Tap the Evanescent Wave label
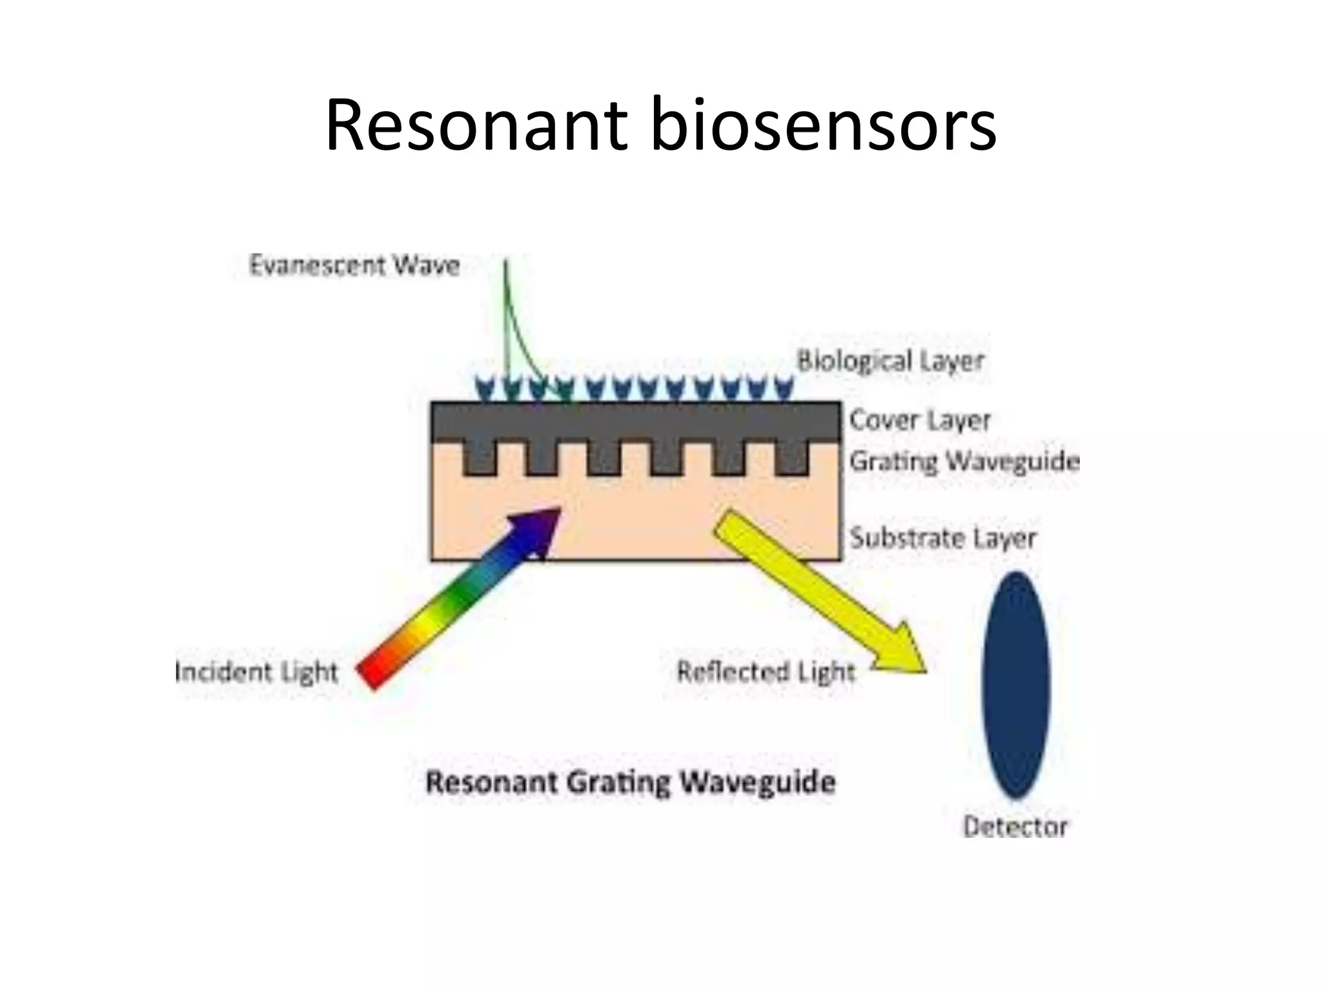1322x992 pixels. [x=354, y=265]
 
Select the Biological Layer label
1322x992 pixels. [x=890, y=360]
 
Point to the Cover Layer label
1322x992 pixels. [x=919, y=420]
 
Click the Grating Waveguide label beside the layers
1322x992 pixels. [x=964, y=461]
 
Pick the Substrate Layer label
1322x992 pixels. [x=942, y=537]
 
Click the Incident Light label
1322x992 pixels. [x=257, y=672]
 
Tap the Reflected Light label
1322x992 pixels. [x=766, y=672]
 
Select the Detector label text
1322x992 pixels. [x=1015, y=826]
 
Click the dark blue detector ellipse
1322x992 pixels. [x=1016, y=685]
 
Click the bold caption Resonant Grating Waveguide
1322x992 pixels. [x=631, y=782]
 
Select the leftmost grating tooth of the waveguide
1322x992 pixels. [x=479, y=459]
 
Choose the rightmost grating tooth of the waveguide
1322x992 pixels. [x=791, y=459]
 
